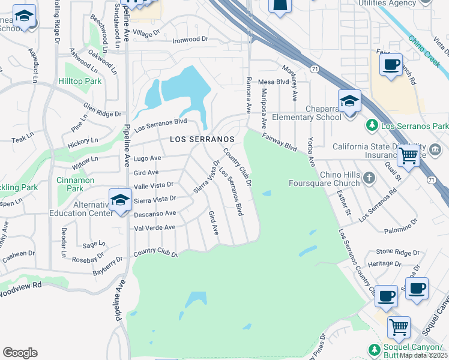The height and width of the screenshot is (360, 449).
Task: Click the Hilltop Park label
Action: coord(80,81)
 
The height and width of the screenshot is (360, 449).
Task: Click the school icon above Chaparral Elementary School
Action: coord(349,102)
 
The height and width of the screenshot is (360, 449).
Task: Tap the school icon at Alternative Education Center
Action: coord(120,201)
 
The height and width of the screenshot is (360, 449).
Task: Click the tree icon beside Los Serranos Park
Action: coord(372,126)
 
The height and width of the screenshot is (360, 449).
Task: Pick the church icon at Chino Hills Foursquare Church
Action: coord(369,178)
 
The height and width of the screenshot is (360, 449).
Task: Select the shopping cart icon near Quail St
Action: coord(409,156)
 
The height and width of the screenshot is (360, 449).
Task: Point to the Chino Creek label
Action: coord(424,50)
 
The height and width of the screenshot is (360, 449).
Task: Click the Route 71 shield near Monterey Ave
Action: coord(314,70)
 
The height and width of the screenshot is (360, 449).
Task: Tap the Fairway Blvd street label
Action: coord(279,142)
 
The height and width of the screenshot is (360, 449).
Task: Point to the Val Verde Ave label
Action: coord(155,227)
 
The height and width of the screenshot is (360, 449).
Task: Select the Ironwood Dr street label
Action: coord(190,39)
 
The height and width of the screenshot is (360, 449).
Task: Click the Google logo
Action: coord(20,353)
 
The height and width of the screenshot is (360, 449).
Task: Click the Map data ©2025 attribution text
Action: coord(423,355)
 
